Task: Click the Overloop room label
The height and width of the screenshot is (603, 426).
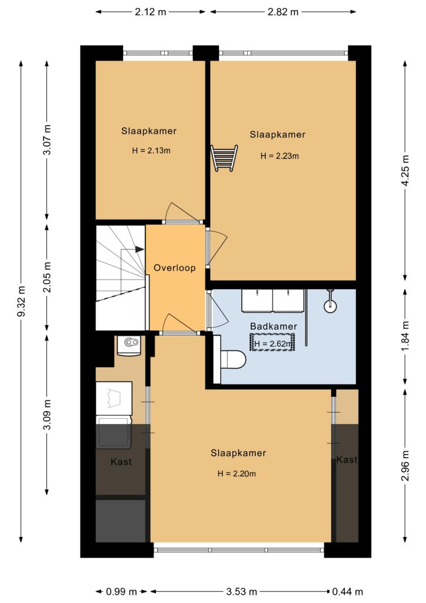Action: coord(174,268)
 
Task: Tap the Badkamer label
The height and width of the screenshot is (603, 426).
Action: coord(274,326)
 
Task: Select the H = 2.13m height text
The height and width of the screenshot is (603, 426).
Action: coord(151,151)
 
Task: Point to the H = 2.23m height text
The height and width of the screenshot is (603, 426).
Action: coord(279,156)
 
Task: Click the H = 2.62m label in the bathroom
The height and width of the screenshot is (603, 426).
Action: coord(273,343)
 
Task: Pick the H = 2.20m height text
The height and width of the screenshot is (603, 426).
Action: coord(237,474)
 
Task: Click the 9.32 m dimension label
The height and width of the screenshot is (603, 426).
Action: coord(22,301)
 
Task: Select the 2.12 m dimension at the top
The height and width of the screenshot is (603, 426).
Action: coord(150,12)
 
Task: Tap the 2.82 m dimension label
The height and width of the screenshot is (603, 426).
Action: coord(283,12)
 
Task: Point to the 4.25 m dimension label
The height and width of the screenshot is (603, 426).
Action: coord(405,170)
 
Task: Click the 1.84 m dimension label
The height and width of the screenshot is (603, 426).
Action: coord(405,336)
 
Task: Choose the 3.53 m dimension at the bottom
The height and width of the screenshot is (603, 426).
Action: coord(241,591)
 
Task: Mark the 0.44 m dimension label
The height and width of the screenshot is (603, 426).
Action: coord(348,591)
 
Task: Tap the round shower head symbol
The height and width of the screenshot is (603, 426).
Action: coord(330,306)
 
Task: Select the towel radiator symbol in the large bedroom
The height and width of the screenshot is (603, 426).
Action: coord(224,158)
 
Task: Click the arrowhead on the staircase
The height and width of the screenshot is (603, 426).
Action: coord(140,249)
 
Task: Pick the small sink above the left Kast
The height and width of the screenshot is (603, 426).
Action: coord(129,345)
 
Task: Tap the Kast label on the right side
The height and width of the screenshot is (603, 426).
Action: coord(347,459)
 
